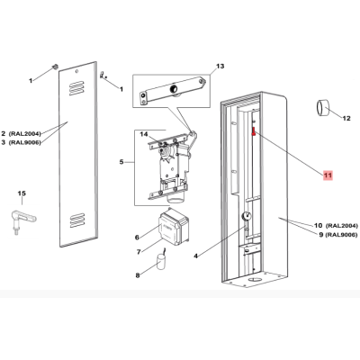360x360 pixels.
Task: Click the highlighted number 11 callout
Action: tap(328, 175)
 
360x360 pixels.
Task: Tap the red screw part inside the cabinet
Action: tap(254, 131)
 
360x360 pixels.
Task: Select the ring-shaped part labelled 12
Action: tap(322, 107)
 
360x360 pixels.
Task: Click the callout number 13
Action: tap(220, 66)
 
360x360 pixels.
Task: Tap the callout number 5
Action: tap(121, 162)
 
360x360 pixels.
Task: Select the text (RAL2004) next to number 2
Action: tap(25, 133)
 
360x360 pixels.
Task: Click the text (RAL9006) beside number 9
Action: tap(342, 235)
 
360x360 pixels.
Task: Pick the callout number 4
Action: tap(195, 256)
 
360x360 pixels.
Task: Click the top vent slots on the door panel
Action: tap(76, 88)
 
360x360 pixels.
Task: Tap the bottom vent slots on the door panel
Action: tap(77, 220)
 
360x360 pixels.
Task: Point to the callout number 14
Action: tap(144, 134)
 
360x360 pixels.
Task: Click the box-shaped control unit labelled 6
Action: tap(173, 227)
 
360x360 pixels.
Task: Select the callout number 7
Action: tap(139, 252)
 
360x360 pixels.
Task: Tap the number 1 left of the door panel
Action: tap(31, 81)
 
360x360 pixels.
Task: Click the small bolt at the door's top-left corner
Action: tap(55, 67)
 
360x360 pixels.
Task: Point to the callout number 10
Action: tap(319, 225)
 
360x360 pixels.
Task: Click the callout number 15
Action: tap(22, 193)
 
